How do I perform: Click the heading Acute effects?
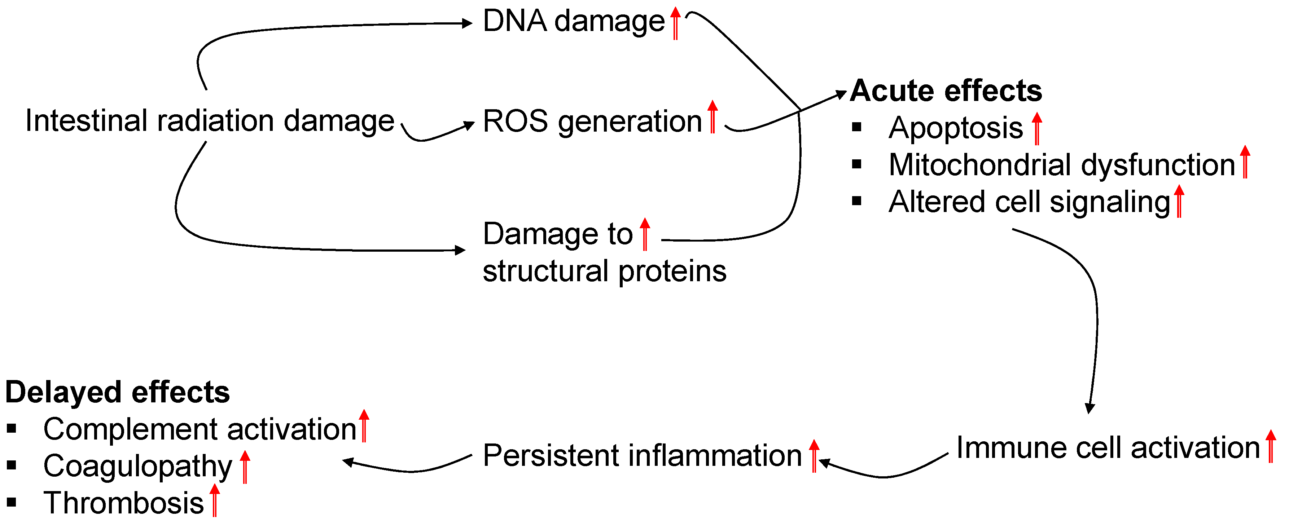945,91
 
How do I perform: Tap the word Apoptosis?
955,128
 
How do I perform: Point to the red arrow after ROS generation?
712,116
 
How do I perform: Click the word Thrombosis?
124,503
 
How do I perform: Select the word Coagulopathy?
137,466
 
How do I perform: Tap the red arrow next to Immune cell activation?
1271,446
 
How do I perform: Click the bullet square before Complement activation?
12,428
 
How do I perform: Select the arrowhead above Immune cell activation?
1089,409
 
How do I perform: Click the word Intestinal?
86,121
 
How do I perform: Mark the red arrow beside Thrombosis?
214,500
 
